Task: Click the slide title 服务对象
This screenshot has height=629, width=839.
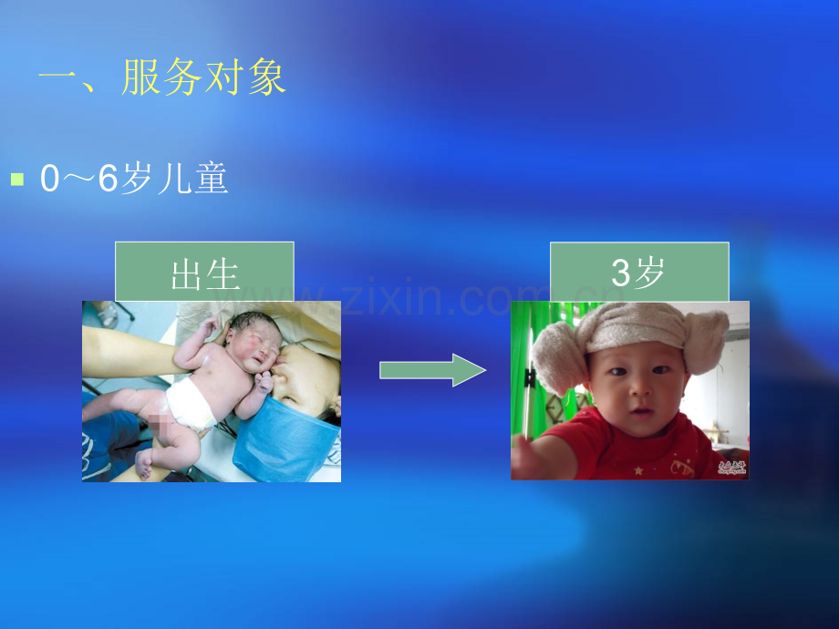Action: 204,79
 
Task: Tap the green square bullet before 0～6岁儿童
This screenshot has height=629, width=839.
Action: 16,180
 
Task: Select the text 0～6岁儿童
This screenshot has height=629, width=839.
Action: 134,180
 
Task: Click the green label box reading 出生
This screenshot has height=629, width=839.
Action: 204,272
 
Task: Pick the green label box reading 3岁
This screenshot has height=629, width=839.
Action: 638,272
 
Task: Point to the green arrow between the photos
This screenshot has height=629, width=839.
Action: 431,370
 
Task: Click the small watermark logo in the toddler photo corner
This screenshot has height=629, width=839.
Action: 731,468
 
